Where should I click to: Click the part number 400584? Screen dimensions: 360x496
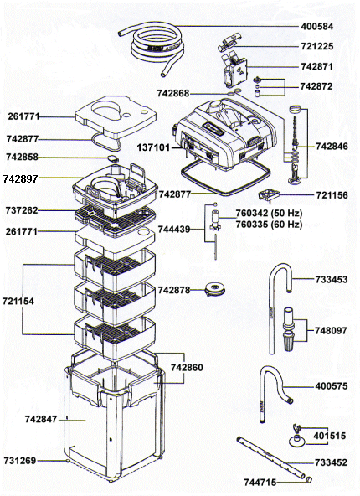316,26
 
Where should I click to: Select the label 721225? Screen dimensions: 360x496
316,47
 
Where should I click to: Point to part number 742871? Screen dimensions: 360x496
316,67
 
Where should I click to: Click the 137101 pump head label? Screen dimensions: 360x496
153,147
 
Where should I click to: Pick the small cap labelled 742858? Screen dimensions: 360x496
112,158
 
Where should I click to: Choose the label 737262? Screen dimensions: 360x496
22,210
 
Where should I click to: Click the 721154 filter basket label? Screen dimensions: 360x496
18,301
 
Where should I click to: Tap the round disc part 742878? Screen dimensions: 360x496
215,289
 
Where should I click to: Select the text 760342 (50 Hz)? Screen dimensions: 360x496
269,213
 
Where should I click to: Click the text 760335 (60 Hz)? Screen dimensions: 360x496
269,225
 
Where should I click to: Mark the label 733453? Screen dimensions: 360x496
331,279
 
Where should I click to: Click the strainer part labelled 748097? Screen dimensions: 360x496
288,328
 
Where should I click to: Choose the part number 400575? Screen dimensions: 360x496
331,386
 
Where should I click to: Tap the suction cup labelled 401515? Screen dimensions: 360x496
296,437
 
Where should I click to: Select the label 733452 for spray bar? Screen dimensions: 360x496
331,462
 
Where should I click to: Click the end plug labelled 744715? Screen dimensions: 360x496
308,480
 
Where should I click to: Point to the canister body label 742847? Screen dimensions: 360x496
41,420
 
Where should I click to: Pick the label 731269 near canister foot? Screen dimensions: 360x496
20,461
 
